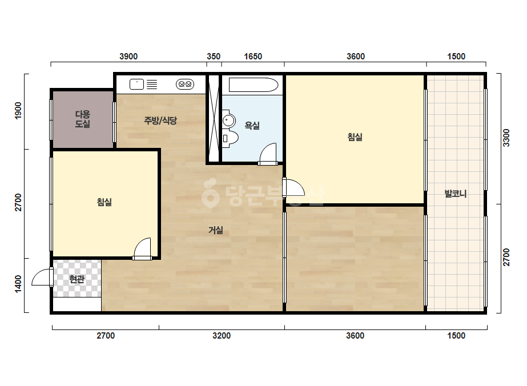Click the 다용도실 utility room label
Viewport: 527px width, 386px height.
click(x=82, y=119)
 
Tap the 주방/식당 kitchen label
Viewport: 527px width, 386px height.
click(x=160, y=120)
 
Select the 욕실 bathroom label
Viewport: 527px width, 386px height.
click(x=252, y=126)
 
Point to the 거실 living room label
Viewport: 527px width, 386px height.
click(x=216, y=230)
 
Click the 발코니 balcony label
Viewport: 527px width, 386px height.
click(x=456, y=194)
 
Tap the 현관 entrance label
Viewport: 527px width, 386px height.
click(x=77, y=279)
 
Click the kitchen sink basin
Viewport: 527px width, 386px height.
click(x=137, y=84)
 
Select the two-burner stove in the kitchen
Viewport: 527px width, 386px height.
click(x=185, y=84)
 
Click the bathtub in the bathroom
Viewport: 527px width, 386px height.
click(x=254, y=85)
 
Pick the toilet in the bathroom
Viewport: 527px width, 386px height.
click(x=230, y=138)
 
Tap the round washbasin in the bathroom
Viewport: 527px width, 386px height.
click(x=229, y=120)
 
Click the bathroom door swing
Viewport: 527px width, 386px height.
click(x=268, y=154)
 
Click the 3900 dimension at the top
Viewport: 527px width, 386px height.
click(x=128, y=57)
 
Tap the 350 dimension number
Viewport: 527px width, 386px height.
click(x=214, y=57)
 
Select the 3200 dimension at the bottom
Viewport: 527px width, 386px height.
click(x=222, y=336)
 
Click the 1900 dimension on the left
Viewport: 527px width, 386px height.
click(x=18, y=110)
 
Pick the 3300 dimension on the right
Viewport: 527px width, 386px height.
click(x=506, y=138)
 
